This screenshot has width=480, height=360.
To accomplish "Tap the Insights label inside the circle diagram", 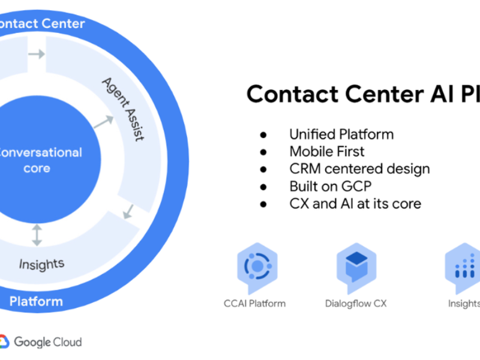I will [x=41, y=263].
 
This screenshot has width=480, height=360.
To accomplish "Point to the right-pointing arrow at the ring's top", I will [x=37, y=54].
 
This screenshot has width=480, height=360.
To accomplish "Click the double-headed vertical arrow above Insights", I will [x=37, y=235].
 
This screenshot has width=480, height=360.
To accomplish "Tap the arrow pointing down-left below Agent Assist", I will [x=128, y=211].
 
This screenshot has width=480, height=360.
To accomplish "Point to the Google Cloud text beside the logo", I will [x=47, y=342].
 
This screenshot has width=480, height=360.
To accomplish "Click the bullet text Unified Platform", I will [x=341, y=134].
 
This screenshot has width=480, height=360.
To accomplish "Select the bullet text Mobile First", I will [x=326, y=151].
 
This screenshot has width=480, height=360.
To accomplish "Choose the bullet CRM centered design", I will [x=359, y=169].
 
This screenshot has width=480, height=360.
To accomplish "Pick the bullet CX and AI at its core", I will [x=355, y=203].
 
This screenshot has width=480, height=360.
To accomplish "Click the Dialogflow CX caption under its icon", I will [x=356, y=303].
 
